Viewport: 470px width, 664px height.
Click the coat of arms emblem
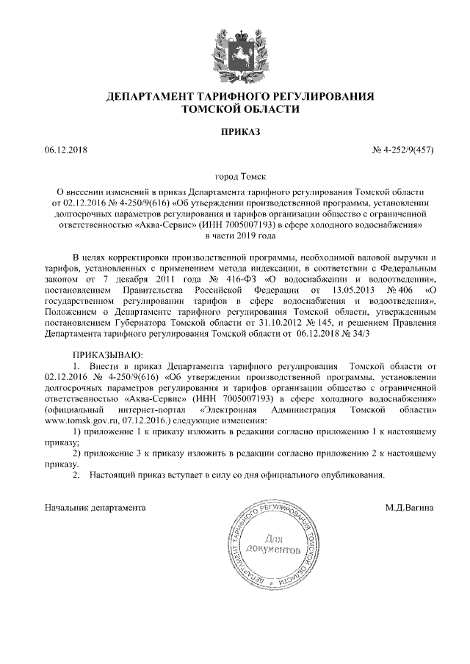[236, 52]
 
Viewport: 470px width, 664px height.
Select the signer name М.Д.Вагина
[409, 507]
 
